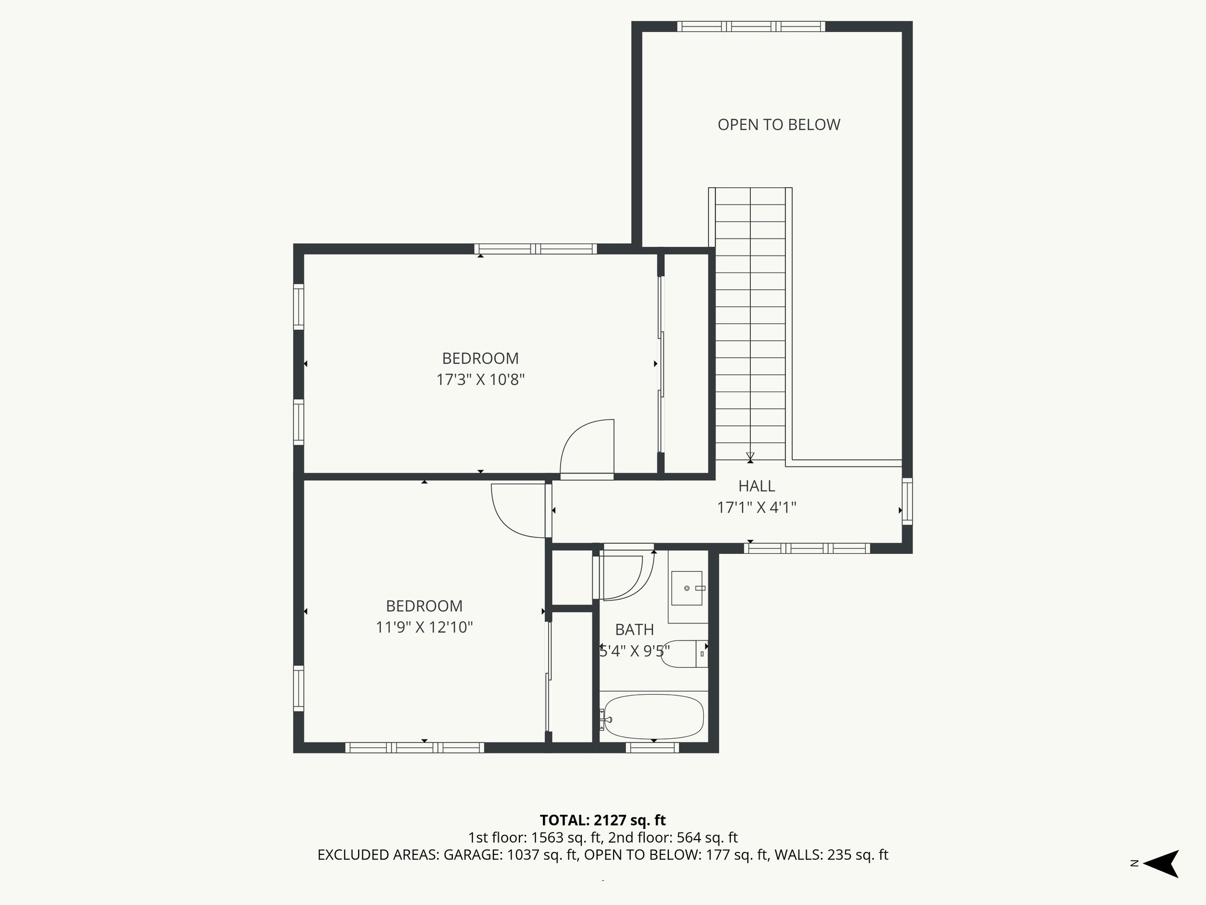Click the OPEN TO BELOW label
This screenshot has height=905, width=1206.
pos(778,124)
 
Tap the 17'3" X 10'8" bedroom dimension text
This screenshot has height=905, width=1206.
pos(480,379)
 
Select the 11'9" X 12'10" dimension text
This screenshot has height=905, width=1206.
pos(424,627)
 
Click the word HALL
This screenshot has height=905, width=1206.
pos(757,486)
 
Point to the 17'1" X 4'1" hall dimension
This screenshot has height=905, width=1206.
pos(757,507)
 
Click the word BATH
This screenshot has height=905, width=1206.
pos(634,630)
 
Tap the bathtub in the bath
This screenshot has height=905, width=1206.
pos(654,718)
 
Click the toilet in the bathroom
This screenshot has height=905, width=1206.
pos(683,653)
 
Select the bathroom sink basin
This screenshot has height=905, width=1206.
pos(687,588)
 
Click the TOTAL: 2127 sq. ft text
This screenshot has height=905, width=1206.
pos(602,820)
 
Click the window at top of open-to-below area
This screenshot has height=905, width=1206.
pos(751,26)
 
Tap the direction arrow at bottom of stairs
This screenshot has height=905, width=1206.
pos(750,457)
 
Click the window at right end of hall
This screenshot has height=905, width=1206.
pos(907,501)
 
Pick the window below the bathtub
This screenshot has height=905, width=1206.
pos(652,748)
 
